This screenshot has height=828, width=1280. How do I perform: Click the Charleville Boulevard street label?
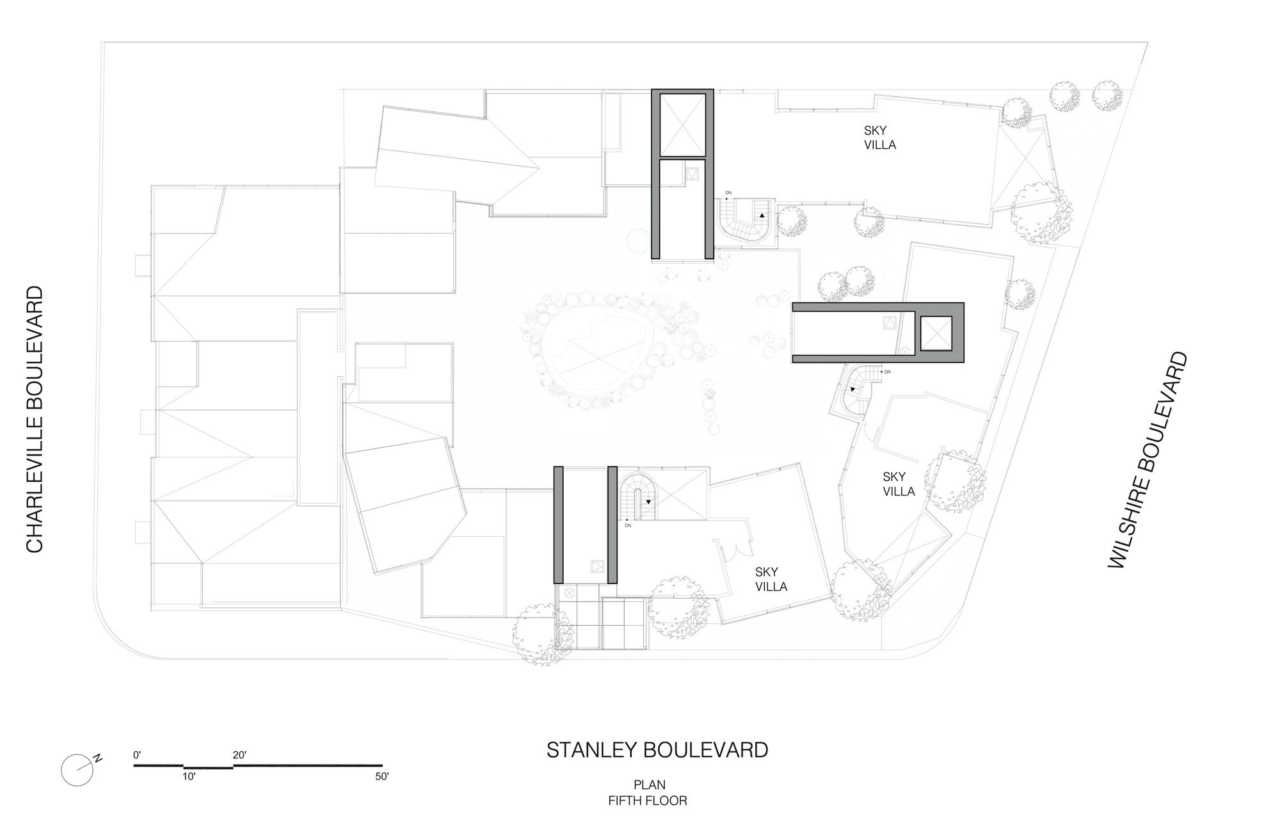[34, 419]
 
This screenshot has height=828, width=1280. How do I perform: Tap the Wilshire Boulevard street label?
[1148, 459]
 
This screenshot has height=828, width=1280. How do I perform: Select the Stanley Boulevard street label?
[657, 749]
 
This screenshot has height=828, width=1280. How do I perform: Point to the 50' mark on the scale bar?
[382, 776]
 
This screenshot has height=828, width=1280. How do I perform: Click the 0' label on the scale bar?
[137, 755]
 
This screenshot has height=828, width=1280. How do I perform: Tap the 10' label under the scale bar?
[189, 776]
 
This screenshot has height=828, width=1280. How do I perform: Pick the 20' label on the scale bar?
[239, 755]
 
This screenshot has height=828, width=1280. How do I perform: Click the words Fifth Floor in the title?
[648, 800]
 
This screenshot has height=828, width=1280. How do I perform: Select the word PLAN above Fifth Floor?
[650, 784]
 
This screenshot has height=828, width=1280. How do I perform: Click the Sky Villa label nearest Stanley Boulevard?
[771, 579]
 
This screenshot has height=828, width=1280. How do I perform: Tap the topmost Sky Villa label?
[880, 138]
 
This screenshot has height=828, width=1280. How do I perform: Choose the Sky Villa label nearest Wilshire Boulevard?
[899, 484]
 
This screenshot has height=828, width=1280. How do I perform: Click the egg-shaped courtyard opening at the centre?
[590, 353]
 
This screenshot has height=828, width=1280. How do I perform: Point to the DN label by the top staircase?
[728, 192]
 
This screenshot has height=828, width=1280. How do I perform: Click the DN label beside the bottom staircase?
[628, 525]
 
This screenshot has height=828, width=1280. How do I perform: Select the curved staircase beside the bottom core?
[637, 496]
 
